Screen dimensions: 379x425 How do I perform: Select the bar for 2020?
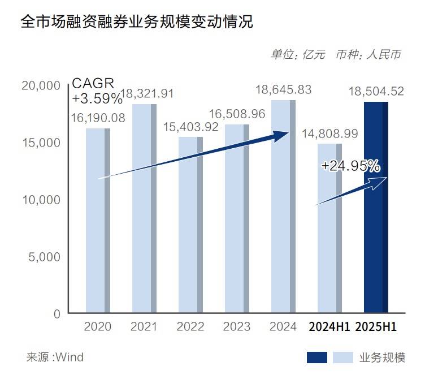pos(98,221)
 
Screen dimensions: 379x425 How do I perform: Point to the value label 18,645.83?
pos(283,89)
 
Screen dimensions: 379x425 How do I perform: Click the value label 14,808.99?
pos(329,133)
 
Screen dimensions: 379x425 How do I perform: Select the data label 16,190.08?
pos(98,118)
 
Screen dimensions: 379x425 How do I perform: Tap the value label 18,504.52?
pos(376,91)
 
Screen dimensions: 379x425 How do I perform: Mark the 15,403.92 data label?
pos(190,127)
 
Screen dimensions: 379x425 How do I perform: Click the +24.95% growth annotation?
pos(350,166)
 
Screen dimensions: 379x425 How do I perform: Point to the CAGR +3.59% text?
pos(97,91)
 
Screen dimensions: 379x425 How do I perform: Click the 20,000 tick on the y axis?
pos(40,85)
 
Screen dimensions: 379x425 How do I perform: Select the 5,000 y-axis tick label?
pos(45,257)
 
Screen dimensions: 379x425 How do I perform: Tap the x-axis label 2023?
pos(237,327)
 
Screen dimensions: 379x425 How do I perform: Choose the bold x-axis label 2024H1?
pos(329,327)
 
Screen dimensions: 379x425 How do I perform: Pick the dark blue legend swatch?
pos(316,357)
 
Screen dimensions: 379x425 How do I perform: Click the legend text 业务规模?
pos(383,357)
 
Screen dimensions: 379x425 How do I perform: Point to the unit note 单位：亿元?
pos(298,54)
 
